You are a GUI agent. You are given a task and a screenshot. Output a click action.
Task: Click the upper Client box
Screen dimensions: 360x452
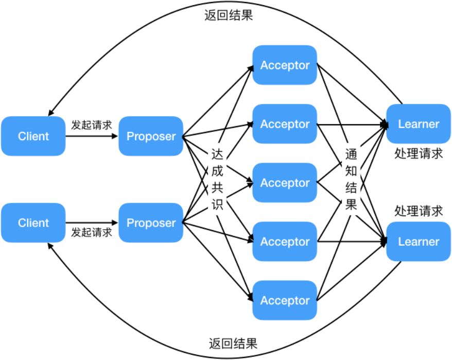click(33, 136)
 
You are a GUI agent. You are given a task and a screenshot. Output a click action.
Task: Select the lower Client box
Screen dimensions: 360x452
click(33, 223)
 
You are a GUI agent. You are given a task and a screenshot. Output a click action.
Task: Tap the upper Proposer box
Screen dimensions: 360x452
click(151, 136)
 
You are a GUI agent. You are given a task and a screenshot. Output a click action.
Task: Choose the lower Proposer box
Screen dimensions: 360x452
click(151, 223)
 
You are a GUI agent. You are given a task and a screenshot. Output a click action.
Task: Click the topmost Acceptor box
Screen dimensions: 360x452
click(285, 65)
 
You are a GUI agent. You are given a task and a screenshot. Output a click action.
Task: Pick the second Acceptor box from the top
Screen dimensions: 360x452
click(285, 124)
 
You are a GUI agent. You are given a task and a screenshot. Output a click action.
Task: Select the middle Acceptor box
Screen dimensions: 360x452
click(285, 183)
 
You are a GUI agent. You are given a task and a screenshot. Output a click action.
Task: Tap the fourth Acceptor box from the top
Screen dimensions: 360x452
click(285, 242)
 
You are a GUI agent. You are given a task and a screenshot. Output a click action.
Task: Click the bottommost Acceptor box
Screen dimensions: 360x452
click(285, 300)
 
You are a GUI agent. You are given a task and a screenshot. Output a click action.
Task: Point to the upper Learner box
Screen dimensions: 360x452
click(419, 124)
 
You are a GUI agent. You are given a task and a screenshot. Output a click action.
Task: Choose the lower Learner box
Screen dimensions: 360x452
click(419, 242)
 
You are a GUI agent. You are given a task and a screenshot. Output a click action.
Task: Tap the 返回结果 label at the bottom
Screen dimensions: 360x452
click(233, 344)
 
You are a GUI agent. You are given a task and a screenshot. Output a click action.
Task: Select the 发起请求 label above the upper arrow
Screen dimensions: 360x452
click(92, 124)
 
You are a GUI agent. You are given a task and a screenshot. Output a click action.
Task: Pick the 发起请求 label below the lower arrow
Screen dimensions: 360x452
click(92, 232)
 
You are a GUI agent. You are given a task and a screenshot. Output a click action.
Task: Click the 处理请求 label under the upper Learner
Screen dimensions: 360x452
click(419, 153)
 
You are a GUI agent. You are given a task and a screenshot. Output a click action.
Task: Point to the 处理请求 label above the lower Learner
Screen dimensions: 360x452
click(419, 211)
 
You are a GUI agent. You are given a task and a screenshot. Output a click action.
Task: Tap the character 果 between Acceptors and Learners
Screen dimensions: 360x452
click(351, 205)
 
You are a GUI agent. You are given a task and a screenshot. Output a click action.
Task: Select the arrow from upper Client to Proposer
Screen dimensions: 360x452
click(92, 136)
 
